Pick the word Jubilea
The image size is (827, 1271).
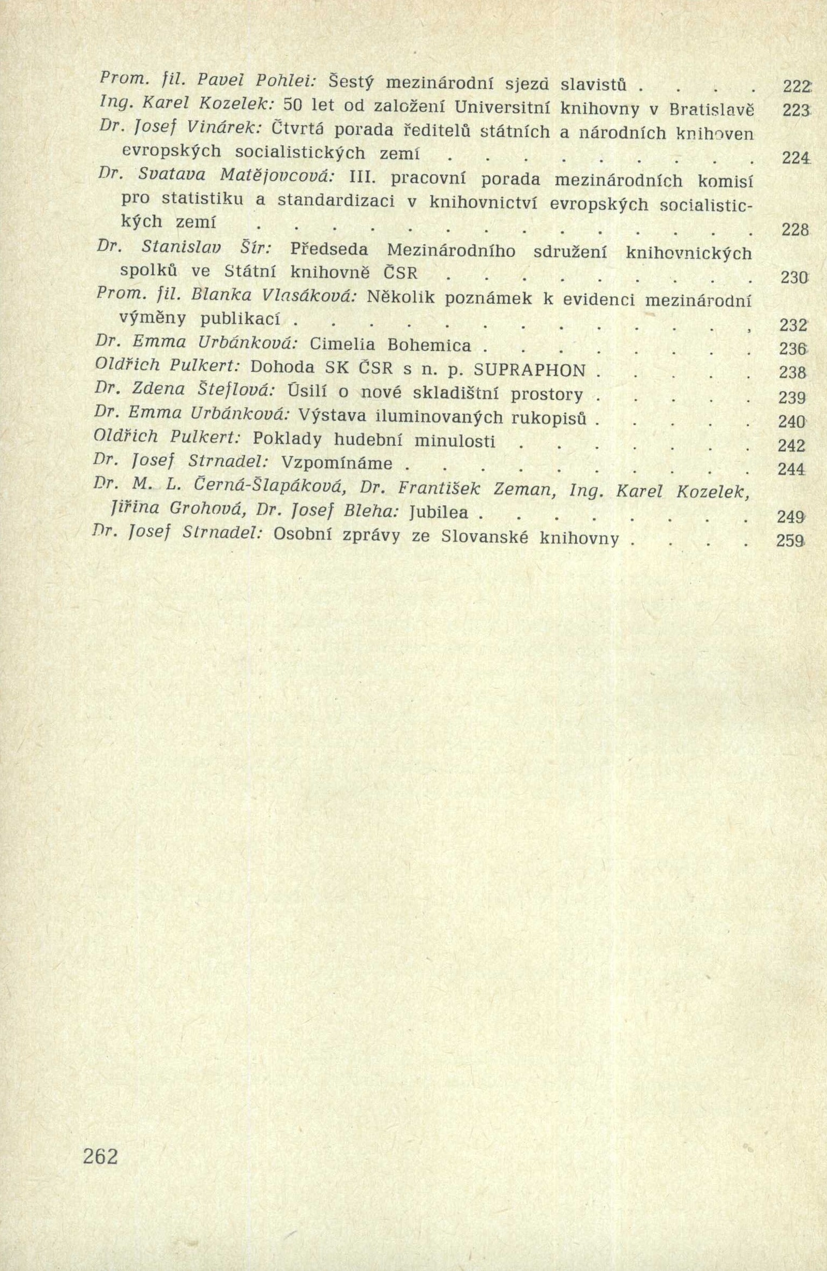tap(439, 513)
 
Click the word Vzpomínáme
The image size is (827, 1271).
tap(337, 463)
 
